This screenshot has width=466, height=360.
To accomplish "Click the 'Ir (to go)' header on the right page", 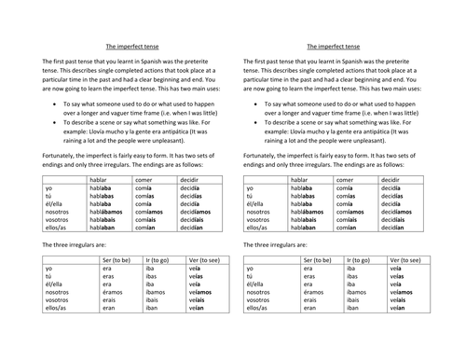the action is pos(359,262).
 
